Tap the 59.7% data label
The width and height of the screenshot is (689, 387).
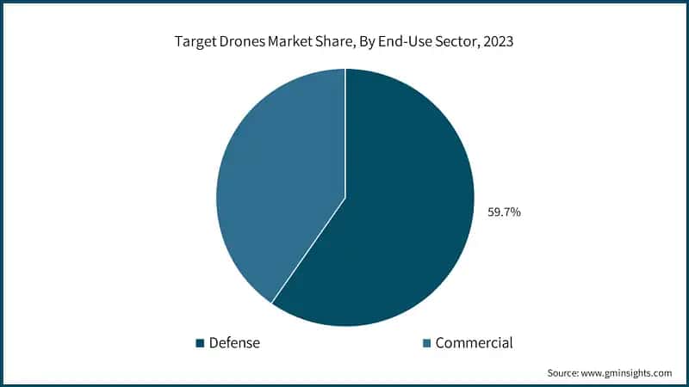tap(504, 211)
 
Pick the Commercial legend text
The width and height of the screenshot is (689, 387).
tap(474, 343)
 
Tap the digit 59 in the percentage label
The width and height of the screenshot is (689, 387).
tap(495, 211)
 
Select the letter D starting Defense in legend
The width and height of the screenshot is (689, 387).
tap(213, 343)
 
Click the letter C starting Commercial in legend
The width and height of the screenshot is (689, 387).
tap(440, 343)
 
